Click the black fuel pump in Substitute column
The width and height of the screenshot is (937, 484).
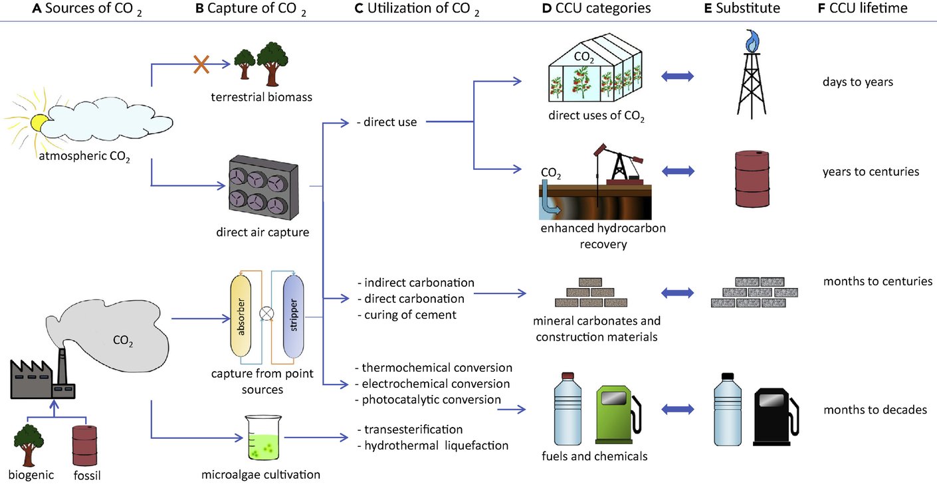coord(774,417)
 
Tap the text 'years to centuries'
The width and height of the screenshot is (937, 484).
coord(871,171)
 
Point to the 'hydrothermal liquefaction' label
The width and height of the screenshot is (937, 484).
coord(436,445)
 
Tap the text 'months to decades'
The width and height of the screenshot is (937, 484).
coord(875,410)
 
